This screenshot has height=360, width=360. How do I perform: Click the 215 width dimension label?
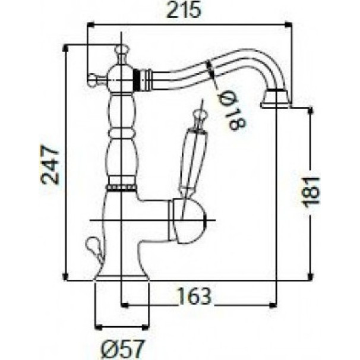[x=184, y=10]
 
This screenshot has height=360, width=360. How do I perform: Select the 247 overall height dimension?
[x=49, y=164]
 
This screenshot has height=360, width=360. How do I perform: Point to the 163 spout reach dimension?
[x=194, y=296]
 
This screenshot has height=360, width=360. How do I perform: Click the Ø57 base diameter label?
[x=122, y=349]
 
